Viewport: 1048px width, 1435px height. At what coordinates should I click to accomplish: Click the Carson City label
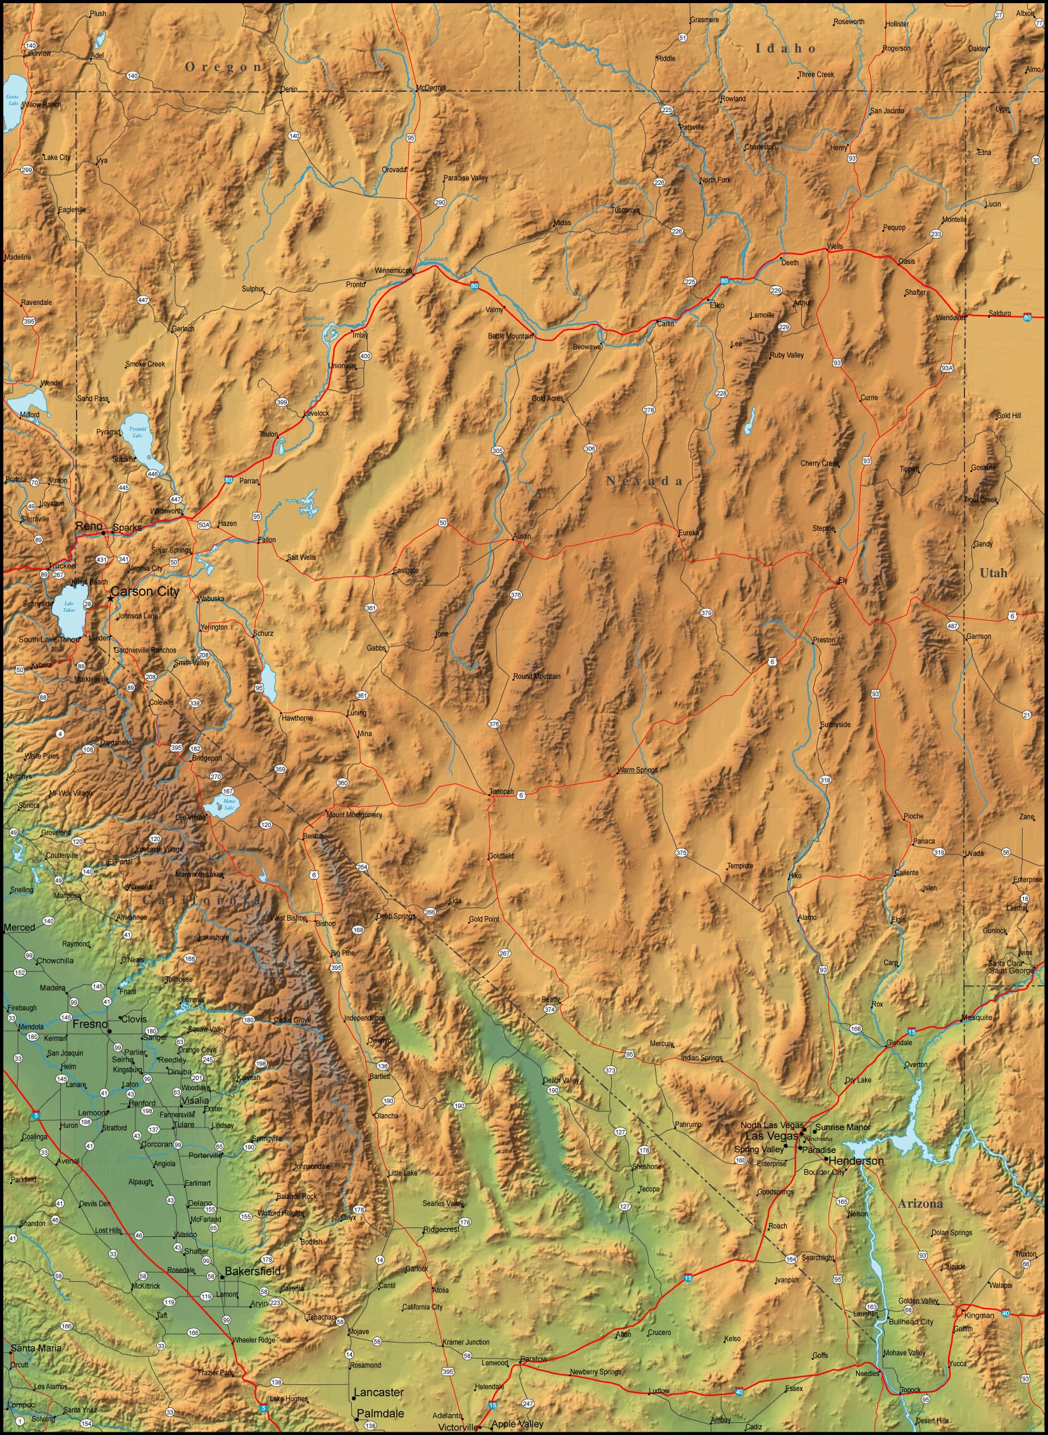145,591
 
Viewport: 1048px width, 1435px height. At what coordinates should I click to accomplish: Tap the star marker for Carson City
111,597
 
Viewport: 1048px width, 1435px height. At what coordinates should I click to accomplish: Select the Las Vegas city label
771,1136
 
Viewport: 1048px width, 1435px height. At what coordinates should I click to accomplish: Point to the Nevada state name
644,481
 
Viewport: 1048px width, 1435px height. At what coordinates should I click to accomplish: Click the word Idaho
785,48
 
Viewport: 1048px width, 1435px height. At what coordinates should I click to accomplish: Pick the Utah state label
993,573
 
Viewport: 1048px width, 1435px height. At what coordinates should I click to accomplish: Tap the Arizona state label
920,1203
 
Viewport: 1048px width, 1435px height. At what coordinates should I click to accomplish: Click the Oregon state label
223,66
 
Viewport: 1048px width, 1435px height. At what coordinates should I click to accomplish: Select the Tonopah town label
501,792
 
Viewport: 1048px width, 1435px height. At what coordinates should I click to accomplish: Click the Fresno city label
90,1024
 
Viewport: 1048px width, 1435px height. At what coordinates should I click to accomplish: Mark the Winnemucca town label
392,270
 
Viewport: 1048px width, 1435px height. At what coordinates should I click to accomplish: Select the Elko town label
717,305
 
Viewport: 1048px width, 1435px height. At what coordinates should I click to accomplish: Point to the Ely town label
842,580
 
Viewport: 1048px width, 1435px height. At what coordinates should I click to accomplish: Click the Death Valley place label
561,1080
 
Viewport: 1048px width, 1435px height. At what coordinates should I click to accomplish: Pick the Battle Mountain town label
510,335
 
